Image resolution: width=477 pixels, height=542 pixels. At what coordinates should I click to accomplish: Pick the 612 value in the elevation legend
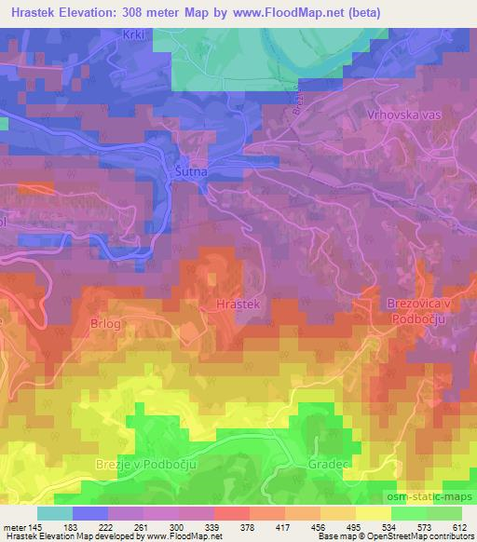coord(457,527)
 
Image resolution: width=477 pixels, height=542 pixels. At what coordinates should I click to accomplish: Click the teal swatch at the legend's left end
coord(55,513)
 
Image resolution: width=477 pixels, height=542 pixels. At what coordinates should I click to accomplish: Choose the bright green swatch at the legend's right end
coord(443,513)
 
